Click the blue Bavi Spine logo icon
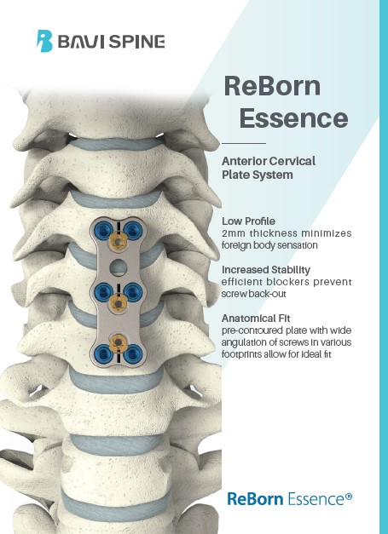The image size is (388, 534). click(44, 41)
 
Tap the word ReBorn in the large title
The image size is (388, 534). click(272, 86)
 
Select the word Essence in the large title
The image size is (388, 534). click(293, 118)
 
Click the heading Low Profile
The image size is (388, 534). click(248, 221)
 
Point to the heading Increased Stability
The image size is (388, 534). click(266, 270)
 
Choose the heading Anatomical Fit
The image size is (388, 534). click(256, 319)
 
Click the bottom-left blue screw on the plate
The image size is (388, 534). click(103, 353)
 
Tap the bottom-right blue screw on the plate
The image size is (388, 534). click(133, 353)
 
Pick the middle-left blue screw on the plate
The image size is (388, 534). click(103, 291)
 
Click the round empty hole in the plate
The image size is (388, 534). click(118, 267)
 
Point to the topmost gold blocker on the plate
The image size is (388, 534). click(118, 242)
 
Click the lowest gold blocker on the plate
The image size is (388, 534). click(118, 341)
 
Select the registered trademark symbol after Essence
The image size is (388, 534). click(349, 497)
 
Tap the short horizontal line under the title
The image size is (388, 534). click(244, 143)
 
